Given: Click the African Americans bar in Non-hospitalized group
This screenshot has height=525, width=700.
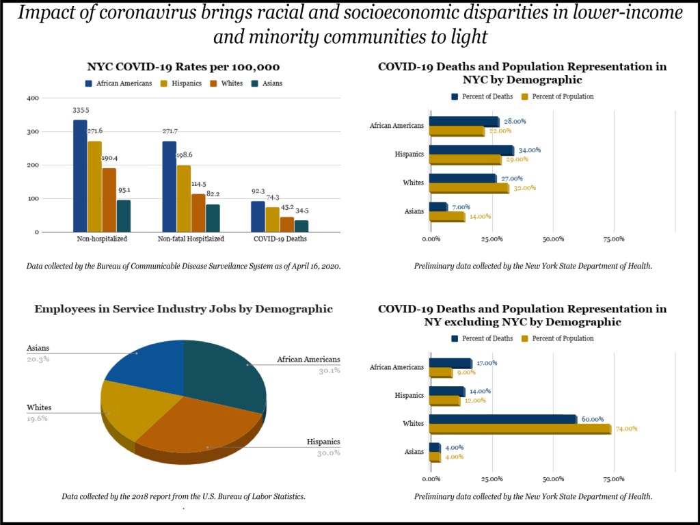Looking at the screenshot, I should click(80, 176).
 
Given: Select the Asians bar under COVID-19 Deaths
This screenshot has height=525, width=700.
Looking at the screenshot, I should click(301, 226).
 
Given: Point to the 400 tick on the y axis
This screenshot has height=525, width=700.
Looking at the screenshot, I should click(33, 98).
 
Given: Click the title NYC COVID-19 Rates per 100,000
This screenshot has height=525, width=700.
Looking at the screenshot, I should click(183, 67).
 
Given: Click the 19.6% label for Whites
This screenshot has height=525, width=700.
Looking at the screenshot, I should click(38, 418).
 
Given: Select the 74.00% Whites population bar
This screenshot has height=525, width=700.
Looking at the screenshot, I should click(520, 429).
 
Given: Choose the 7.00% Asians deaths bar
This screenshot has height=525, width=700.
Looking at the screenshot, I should click(438, 206).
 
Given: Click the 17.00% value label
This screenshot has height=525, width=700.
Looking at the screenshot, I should click(487, 363).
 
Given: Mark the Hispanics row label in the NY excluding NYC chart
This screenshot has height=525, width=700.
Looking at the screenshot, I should click(409, 395).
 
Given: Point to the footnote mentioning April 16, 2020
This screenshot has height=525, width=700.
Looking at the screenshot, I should click(183, 265).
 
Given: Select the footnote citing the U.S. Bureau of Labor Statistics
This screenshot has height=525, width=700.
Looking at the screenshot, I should click(183, 496).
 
